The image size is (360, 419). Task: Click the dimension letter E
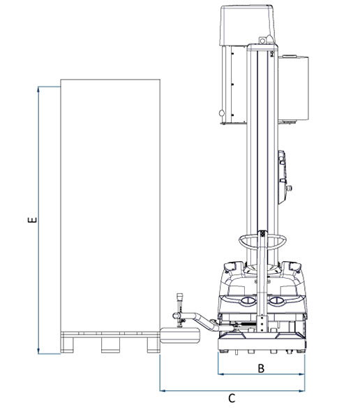pyautogui.click(x=32, y=220)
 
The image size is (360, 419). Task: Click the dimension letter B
pyautogui.click(x=261, y=368)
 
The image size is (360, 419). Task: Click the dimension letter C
pyautogui.click(x=232, y=399)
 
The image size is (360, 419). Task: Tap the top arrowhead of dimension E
pyautogui.click(x=39, y=89)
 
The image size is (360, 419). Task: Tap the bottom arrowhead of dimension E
pyautogui.click(x=39, y=351)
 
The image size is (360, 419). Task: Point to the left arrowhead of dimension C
pyautogui.click(x=163, y=390)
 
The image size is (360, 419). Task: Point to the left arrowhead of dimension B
pyautogui.click(x=221, y=374)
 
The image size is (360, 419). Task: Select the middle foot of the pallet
pyautogui.click(x=110, y=345)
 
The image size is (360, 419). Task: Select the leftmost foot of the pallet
pyautogui.click(x=67, y=345)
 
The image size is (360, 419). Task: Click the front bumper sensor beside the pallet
pyautogui.click(x=180, y=335)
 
